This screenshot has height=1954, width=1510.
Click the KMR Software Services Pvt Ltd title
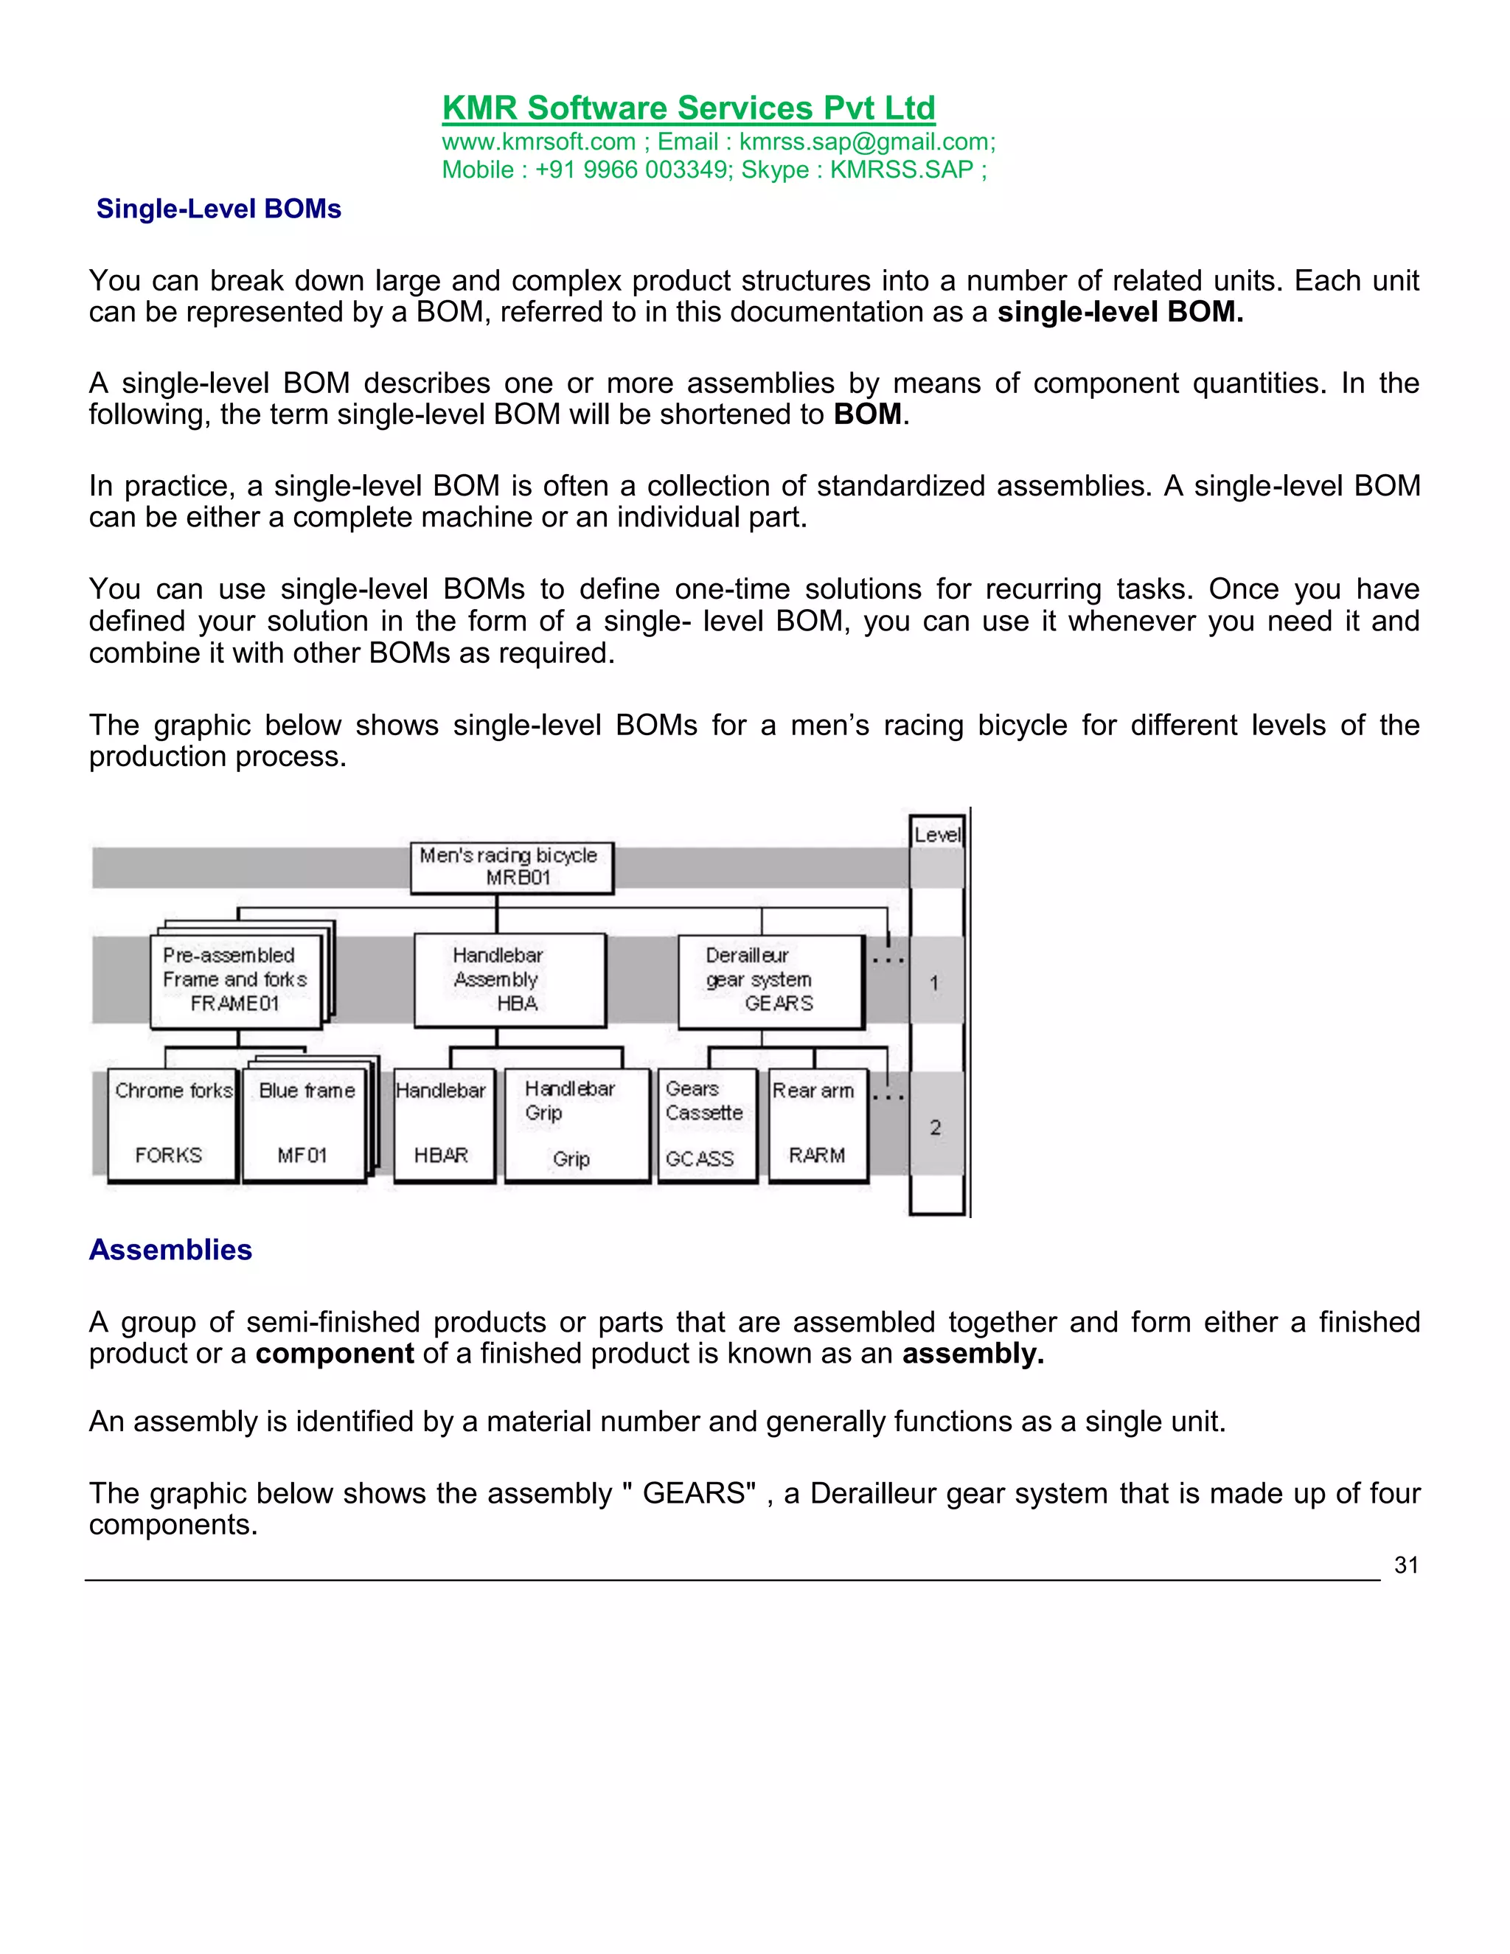688,108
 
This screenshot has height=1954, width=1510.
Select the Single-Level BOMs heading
218,209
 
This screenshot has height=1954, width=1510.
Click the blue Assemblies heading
170,1249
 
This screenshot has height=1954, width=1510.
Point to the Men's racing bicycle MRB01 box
512,866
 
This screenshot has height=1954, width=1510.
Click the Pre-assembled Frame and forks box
235,980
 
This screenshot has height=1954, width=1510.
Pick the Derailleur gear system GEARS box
770,980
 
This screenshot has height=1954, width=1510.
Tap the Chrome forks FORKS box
172,1124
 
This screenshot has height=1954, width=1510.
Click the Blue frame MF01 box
305,1124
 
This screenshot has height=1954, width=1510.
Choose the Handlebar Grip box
575,1124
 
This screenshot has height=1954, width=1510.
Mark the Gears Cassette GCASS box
706,1124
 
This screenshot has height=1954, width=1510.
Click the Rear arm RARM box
817,1124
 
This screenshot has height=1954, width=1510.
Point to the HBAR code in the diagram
441,1155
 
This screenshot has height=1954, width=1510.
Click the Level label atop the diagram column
936,835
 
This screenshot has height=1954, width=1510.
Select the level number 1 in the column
935,983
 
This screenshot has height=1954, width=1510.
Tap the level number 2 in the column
935,1127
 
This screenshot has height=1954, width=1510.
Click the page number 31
1405,1565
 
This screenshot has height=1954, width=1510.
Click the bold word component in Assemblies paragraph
334,1354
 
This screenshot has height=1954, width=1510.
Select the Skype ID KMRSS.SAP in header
901,170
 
